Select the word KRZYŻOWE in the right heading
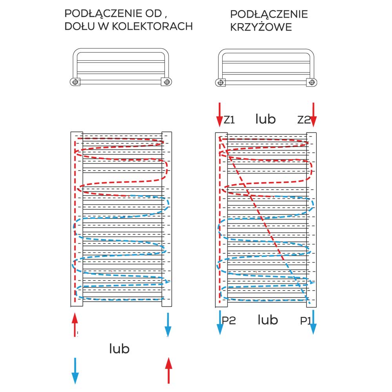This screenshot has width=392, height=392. click(x=261, y=28)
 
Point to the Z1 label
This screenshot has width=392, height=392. click(x=229, y=120)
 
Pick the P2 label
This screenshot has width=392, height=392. click(x=229, y=321)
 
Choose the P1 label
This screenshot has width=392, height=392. click(x=305, y=321)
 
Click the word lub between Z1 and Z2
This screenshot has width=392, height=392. click(x=265, y=119)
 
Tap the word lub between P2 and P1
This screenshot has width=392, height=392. click(x=268, y=320)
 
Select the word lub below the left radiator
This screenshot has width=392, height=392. click(x=119, y=348)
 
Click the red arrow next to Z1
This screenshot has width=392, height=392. click(x=220, y=114)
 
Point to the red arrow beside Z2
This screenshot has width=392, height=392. click(x=313, y=114)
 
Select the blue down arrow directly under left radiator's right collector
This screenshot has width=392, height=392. click(x=168, y=325)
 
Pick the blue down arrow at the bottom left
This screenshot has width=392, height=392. click(x=75, y=370)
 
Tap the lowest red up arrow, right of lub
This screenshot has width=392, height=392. click(x=169, y=370)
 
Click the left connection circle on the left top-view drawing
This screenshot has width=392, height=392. click(x=75, y=82)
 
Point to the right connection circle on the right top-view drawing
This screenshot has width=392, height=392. click(x=312, y=82)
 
